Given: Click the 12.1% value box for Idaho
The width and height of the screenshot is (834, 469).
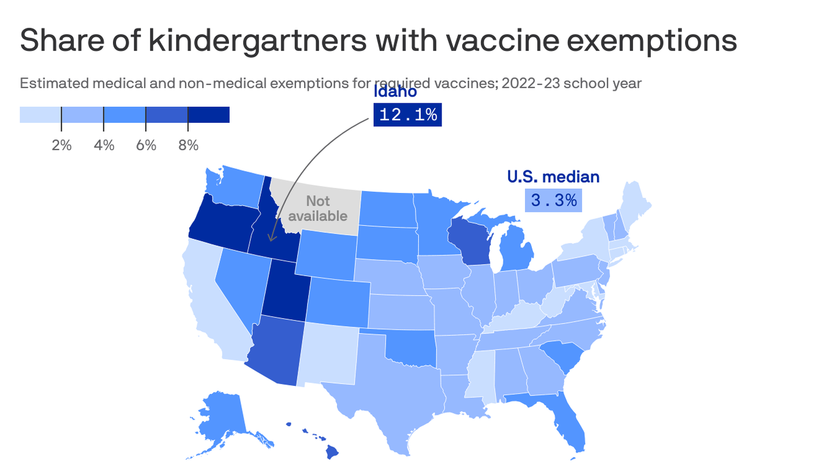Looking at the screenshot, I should (x=408, y=115).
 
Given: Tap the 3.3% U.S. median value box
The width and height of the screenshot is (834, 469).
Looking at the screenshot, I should (x=553, y=200).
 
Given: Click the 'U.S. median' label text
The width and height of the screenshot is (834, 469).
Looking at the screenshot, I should (x=553, y=177).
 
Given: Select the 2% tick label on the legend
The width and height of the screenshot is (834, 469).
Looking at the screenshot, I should (x=61, y=145).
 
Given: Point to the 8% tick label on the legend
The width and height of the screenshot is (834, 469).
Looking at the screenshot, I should (x=188, y=145).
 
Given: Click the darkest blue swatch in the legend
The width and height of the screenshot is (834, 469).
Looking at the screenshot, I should (x=209, y=115).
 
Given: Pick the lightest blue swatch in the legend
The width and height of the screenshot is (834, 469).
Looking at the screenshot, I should (x=40, y=115).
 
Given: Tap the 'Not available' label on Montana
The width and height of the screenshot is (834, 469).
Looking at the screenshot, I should (x=317, y=208).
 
